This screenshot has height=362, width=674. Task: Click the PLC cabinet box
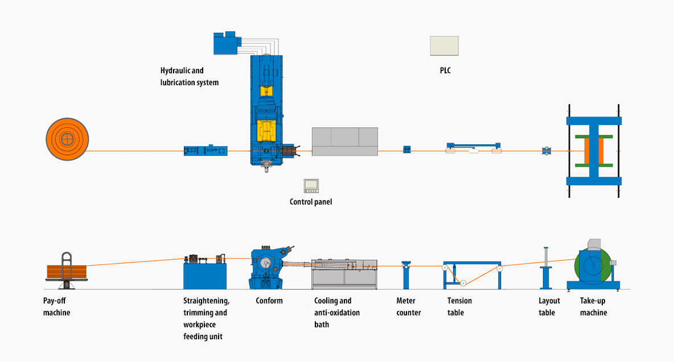point(445,46)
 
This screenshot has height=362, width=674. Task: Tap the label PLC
point(445,70)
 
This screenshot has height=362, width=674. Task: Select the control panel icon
point(311,186)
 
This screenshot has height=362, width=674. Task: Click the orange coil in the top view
point(68,139)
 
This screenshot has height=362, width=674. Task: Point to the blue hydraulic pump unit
point(227,43)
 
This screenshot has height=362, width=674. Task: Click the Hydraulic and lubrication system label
point(189,76)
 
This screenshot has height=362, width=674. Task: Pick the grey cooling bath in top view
point(345,142)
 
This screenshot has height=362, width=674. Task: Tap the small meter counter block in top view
point(406,149)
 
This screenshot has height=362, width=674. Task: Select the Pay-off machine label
point(56,307)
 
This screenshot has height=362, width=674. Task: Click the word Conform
point(269,301)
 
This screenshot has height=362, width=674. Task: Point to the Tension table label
point(459,307)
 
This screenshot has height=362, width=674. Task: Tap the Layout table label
point(549,307)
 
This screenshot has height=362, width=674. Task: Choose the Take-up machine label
point(593,307)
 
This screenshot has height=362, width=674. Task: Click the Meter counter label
point(408,307)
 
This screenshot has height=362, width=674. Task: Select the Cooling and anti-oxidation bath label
point(337,313)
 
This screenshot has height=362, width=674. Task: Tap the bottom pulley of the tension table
point(463,283)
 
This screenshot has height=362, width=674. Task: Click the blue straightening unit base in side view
point(205,276)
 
